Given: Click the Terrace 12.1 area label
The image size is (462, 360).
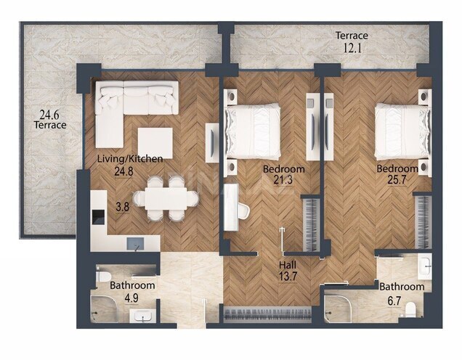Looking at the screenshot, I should [352, 41].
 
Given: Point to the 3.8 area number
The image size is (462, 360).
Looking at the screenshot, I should [124, 205].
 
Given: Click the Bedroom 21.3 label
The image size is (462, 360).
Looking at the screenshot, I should [283, 175].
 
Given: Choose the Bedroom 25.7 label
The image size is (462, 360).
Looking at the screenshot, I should [397, 175].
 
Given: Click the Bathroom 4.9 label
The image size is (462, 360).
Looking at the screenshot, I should [131, 292].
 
